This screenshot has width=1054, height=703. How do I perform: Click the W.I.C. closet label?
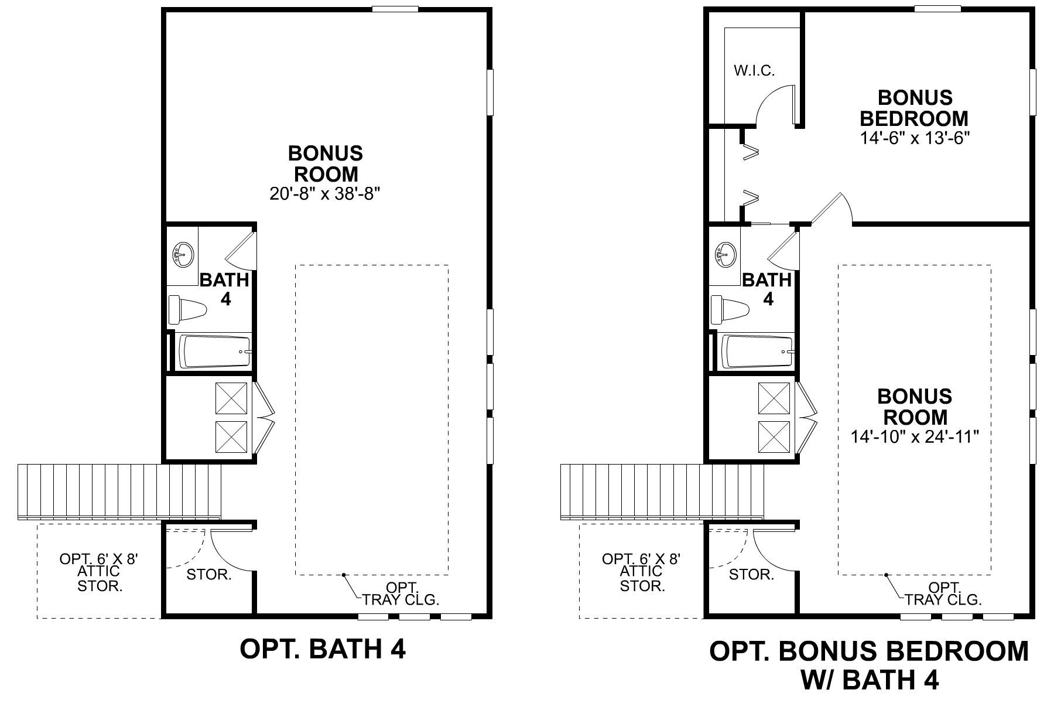pos(754,71)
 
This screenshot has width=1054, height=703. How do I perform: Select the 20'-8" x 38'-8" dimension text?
pos(325,194)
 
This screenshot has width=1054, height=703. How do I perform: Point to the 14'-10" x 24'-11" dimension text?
pos(915,437)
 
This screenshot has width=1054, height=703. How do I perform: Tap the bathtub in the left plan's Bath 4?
pos(214,351)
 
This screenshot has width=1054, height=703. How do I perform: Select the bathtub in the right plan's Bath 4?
pos(757,351)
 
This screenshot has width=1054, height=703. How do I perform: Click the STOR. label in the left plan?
pos(209,575)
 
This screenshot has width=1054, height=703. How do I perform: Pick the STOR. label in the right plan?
pos(751,575)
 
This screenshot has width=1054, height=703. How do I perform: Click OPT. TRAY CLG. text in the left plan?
pos(401,593)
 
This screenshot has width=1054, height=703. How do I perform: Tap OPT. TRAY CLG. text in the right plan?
pos(943,593)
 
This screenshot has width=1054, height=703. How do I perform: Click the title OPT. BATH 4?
pos(323,649)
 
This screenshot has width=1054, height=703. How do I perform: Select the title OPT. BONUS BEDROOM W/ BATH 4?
pos(869,665)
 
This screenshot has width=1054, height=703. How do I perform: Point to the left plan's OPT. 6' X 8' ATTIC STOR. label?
pos(100,572)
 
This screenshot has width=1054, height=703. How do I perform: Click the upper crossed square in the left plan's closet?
pos(232,398)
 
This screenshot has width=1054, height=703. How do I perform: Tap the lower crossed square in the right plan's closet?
pos(774,437)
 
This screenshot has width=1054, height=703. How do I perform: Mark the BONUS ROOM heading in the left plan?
pos(326,163)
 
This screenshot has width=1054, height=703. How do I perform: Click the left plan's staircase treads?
pos(117,489)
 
